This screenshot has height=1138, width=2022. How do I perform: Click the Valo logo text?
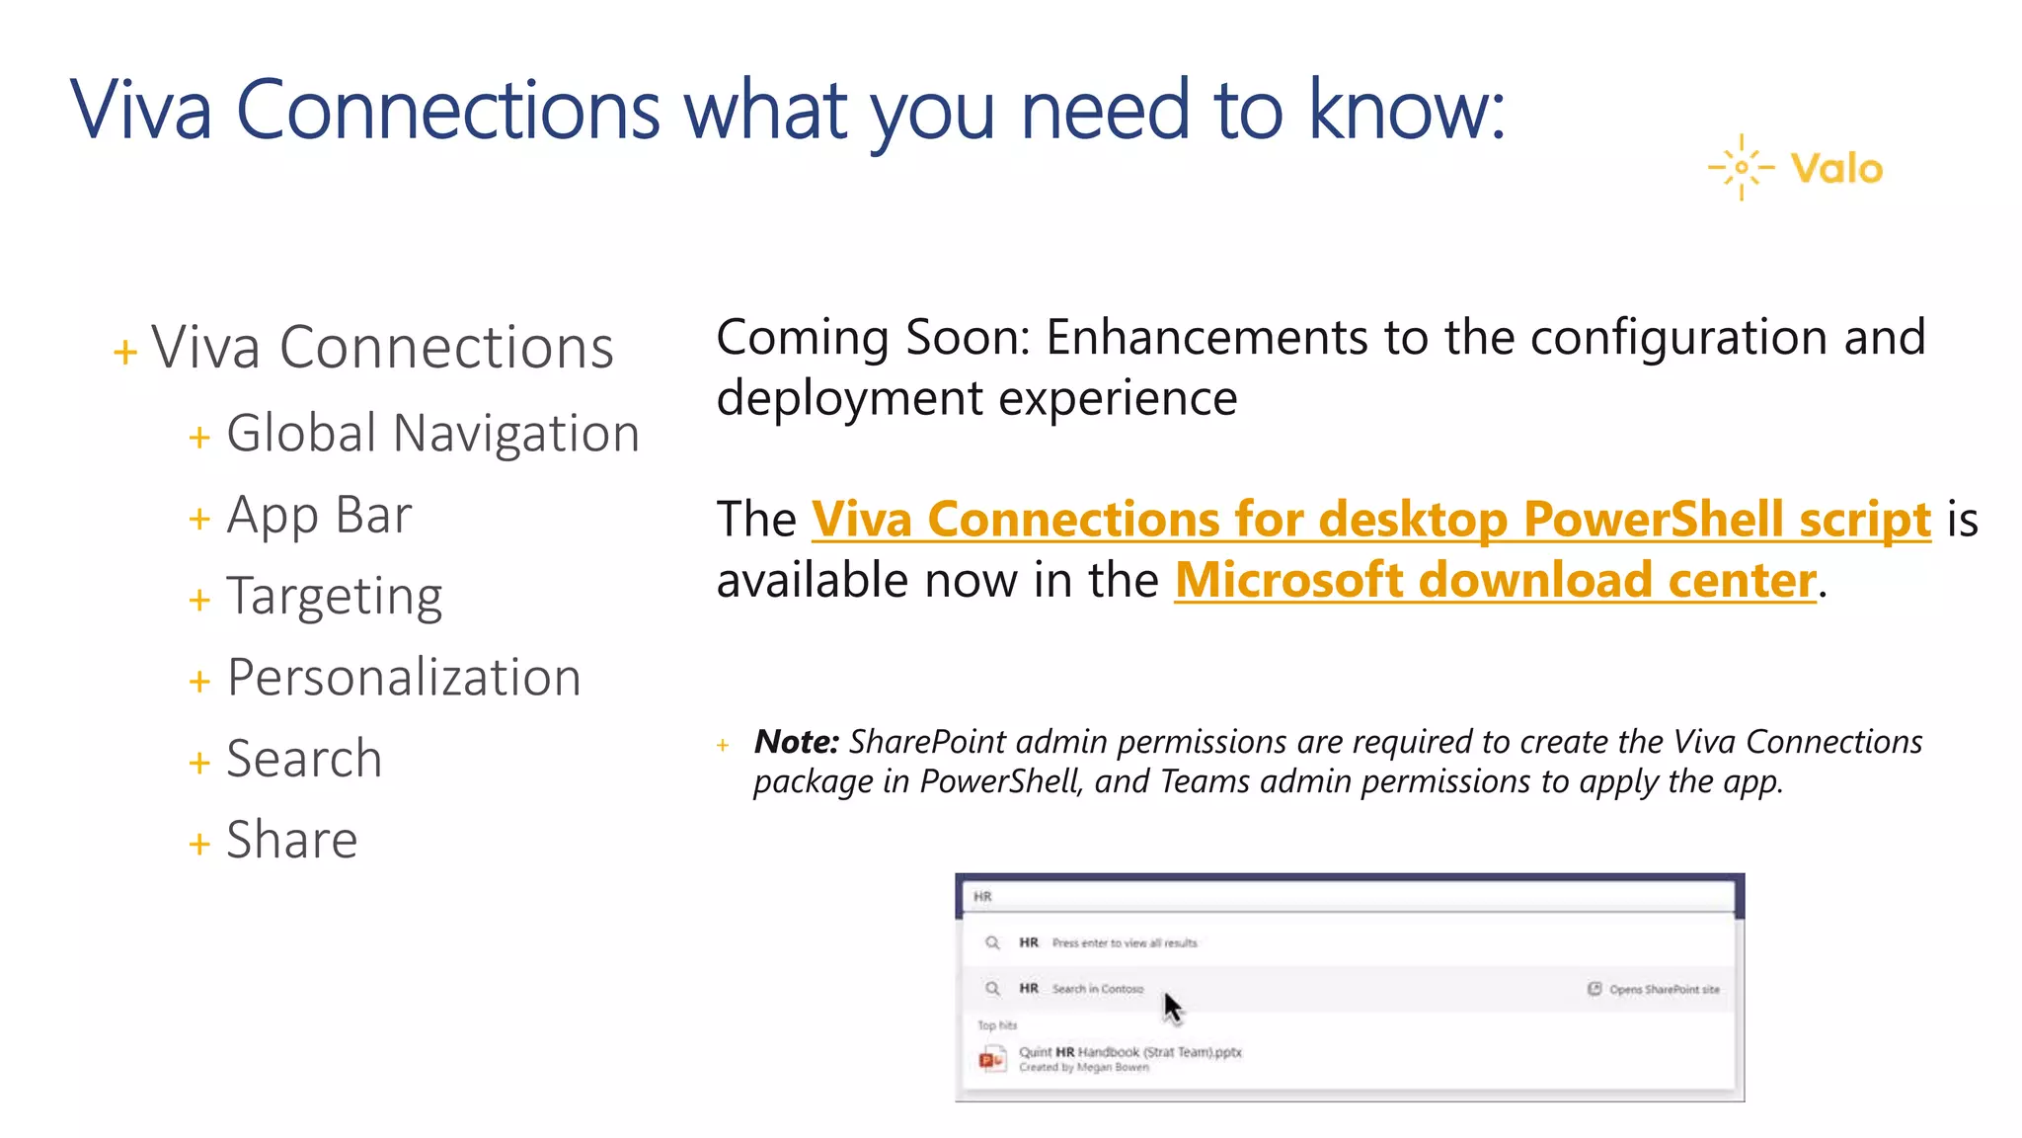pos(1836,169)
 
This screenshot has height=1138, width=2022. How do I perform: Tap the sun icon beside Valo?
pos(1742,167)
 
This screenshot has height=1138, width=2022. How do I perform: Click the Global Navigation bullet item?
pos(432,434)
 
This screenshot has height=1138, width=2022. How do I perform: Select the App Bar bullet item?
pos(318,516)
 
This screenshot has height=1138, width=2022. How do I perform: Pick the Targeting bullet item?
pos(334,597)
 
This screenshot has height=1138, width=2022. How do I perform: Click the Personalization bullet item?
pos(403,678)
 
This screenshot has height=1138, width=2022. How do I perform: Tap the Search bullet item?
pos(303,759)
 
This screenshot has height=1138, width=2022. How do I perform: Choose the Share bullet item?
pos(291,840)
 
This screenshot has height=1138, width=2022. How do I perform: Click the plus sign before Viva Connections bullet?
pos(125,352)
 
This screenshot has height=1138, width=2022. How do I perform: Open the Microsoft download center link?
pos(1495,580)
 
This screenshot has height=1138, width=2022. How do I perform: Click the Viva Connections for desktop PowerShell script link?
pos(1370,520)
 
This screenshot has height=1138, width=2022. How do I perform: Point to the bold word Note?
pos(796,741)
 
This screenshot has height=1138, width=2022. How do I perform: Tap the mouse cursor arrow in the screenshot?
pos(1172,1008)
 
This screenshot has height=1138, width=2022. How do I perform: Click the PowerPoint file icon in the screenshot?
pos(991,1059)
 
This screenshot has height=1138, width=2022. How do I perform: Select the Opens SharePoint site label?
pos(1664,989)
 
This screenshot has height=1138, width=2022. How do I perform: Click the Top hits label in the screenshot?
pos(996,1025)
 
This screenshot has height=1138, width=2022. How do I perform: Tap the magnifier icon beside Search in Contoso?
pos(992,988)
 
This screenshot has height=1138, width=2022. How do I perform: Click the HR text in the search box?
pos(982,897)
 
